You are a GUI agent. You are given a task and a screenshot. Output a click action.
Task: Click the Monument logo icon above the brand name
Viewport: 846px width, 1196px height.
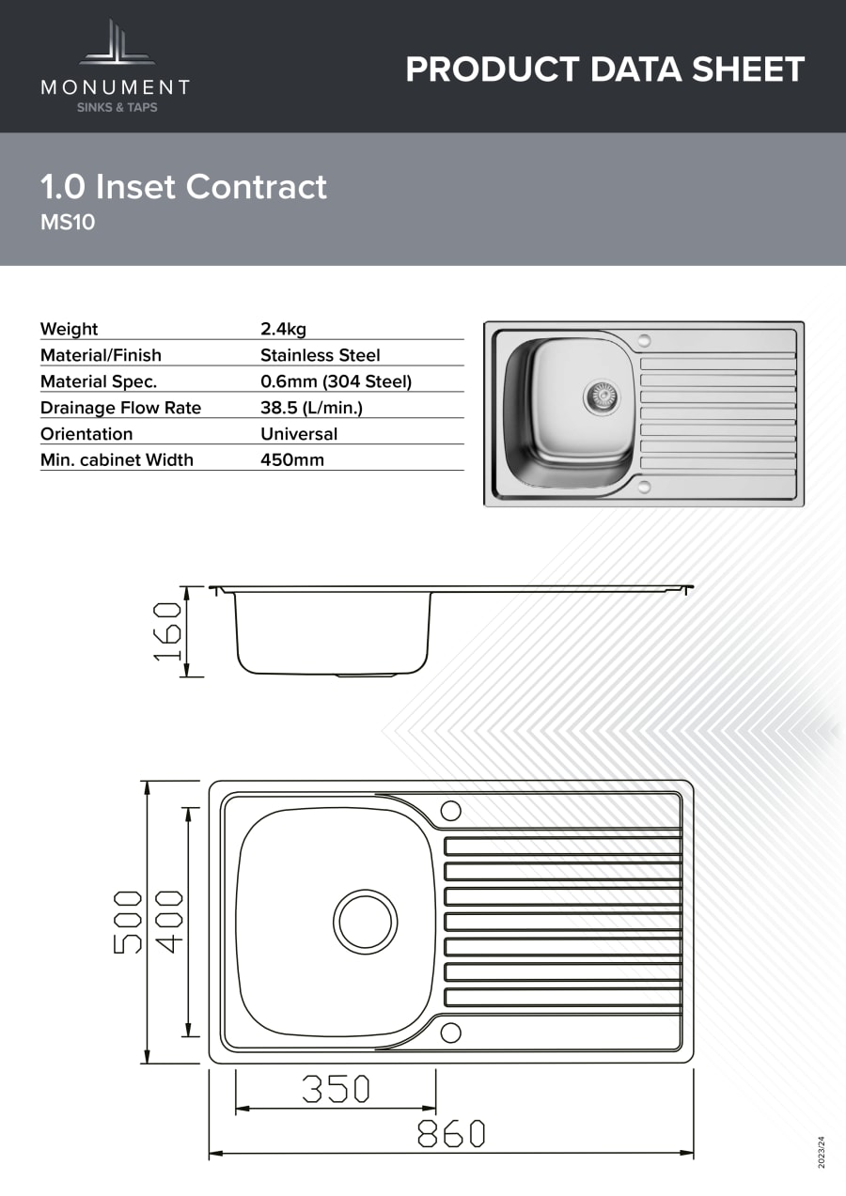click(x=117, y=42)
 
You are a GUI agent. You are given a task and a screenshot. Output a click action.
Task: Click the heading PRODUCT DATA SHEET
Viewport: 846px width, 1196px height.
click(x=604, y=70)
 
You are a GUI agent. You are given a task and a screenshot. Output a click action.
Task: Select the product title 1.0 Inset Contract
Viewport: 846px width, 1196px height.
click(x=183, y=187)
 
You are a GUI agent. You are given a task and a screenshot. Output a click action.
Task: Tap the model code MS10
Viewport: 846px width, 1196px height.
click(x=68, y=222)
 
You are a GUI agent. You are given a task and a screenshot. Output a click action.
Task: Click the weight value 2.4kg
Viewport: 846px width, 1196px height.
click(x=283, y=329)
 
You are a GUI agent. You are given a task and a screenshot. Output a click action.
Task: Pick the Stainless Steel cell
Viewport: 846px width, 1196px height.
click(x=320, y=355)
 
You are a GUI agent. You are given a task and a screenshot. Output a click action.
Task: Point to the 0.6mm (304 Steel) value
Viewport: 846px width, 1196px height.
click(x=336, y=381)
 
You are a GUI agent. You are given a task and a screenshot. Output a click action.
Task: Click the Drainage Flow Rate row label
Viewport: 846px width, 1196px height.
click(x=120, y=408)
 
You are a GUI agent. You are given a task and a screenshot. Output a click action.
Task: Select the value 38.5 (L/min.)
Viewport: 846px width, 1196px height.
click(x=311, y=408)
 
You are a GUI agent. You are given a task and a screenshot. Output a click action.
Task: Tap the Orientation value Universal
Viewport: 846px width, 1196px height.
click(x=299, y=433)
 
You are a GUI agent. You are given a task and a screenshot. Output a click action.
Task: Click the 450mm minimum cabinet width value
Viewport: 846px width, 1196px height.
click(x=292, y=459)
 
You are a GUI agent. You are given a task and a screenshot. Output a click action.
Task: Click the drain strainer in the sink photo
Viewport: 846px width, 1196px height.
click(x=602, y=396)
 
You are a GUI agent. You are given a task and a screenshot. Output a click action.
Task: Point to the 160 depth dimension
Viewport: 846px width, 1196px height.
click(x=167, y=631)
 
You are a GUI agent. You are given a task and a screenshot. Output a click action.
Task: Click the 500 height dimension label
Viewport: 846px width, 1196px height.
click(x=127, y=922)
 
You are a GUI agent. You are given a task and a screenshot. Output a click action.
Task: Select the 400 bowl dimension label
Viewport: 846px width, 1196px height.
click(x=169, y=922)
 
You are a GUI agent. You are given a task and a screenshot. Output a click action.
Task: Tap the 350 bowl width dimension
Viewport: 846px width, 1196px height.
click(x=336, y=1089)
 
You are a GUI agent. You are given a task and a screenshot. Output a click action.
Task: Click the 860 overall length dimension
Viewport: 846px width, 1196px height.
click(x=451, y=1134)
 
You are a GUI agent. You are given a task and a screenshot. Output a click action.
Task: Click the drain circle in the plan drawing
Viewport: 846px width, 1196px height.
click(x=366, y=922)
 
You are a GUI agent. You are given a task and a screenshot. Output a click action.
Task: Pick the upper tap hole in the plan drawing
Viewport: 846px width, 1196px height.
click(x=451, y=811)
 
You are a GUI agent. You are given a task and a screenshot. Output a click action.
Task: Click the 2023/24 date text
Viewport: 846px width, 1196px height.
click(x=822, y=1152)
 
